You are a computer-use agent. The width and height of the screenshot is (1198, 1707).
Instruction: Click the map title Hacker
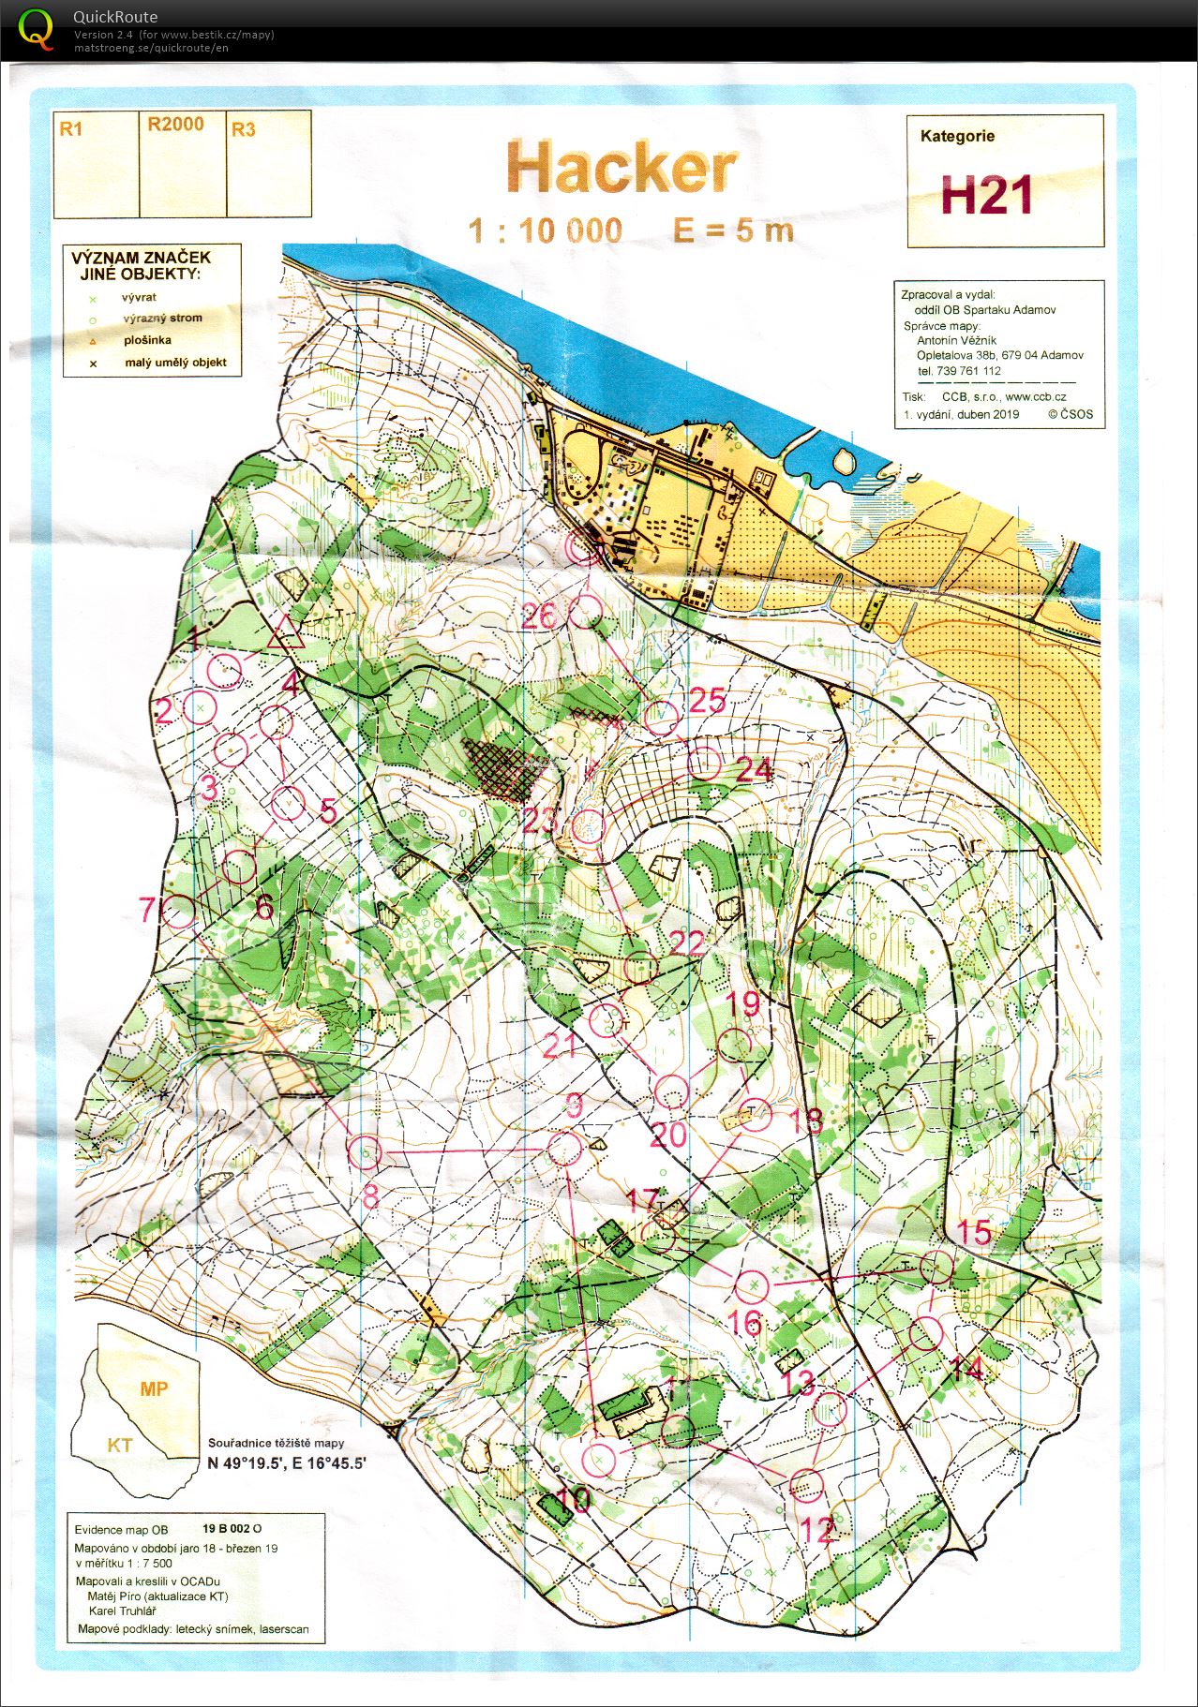(x=621, y=170)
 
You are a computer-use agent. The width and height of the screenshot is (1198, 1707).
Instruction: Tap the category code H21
(x=986, y=196)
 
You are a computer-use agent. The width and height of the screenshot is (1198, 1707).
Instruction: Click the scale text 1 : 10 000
(x=546, y=230)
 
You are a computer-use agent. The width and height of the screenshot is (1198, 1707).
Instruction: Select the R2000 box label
(x=175, y=125)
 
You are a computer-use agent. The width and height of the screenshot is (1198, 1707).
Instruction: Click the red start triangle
(x=285, y=634)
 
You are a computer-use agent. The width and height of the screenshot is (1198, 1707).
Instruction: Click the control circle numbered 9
(x=564, y=1149)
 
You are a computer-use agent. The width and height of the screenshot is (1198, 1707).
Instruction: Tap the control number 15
(x=974, y=1232)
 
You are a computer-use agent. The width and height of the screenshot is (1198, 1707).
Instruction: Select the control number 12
(x=816, y=1530)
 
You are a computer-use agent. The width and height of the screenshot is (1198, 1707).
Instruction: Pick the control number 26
(x=539, y=616)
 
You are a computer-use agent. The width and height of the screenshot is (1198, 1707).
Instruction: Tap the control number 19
(x=743, y=1003)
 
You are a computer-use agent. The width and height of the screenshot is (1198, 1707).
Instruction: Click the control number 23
(x=540, y=821)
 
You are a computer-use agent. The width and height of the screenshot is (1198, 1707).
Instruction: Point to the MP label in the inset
(x=154, y=1388)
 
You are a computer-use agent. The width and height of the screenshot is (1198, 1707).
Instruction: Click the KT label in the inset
(x=119, y=1445)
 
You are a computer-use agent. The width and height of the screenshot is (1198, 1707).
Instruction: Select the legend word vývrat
(x=138, y=297)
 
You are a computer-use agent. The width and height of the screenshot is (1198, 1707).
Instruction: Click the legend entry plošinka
(x=147, y=340)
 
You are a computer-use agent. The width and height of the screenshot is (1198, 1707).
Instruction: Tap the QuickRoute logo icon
(x=37, y=28)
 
